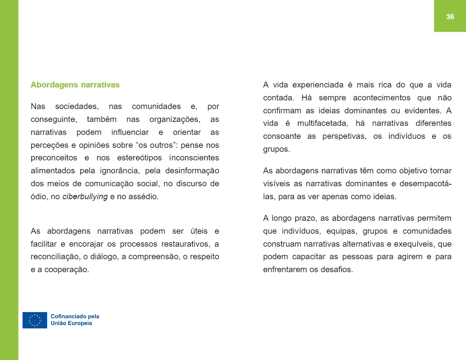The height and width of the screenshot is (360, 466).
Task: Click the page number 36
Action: point(450,16)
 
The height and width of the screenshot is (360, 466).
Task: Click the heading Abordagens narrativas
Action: point(75,85)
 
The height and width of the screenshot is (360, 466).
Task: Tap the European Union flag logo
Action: point(35,320)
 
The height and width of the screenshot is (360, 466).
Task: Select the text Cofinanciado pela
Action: point(75,316)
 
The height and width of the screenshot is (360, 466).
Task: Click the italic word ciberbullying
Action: point(85,196)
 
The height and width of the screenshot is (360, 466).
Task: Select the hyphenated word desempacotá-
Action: point(425,184)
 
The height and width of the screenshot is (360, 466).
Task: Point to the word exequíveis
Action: point(415,244)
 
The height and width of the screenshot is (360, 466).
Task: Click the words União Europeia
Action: point(71,324)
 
